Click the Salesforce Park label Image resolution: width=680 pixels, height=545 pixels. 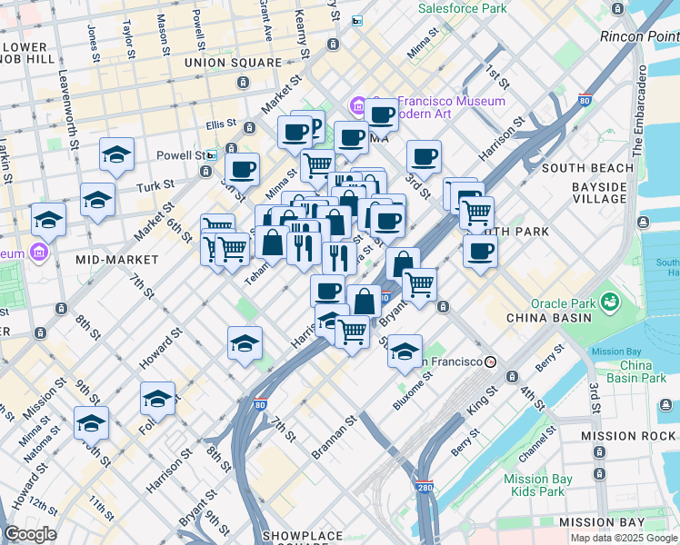coord(462,8)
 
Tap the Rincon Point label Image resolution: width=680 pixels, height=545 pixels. coord(639,36)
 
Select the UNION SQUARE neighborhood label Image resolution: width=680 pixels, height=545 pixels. coord(233,63)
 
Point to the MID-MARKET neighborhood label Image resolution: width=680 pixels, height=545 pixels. coord(116,260)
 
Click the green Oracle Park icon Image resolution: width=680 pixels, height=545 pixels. coord(610,300)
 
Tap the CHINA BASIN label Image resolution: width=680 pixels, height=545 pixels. coord(549,318)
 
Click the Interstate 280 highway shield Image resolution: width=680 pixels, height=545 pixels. coord(424,487)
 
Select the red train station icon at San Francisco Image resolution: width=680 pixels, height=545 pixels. coord(491,362)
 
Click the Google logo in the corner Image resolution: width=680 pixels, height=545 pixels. coord(29,534)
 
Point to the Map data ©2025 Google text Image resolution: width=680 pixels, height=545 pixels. coord(624,538)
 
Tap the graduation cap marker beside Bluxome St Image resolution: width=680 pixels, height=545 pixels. coord(405,350)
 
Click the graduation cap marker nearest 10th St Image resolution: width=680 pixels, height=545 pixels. coord(91,422)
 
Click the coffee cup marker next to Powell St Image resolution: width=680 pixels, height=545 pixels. coord(242,168)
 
